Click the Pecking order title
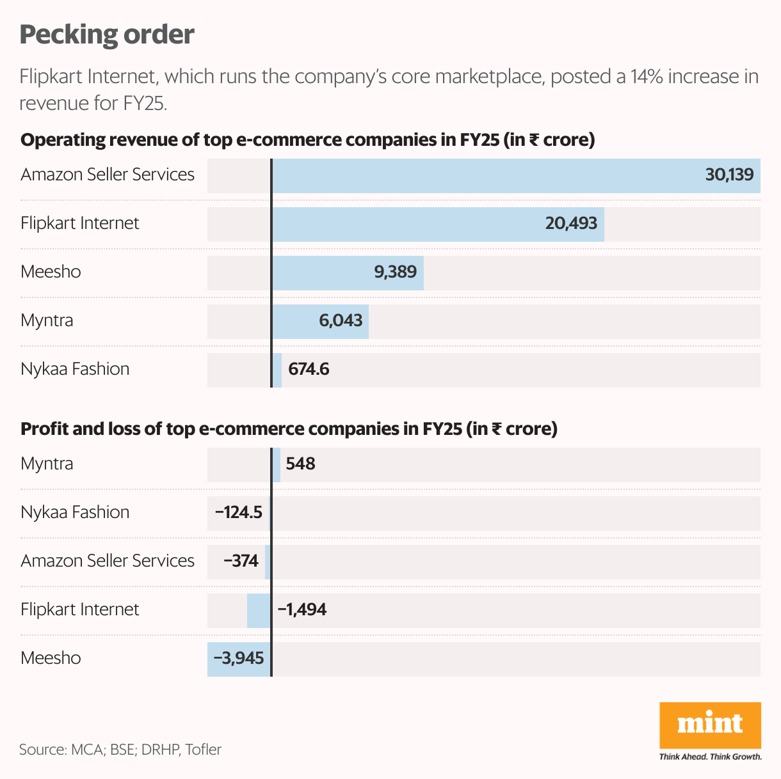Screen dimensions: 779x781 [x=107, y=35]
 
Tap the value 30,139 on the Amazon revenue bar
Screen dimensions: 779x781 [x=729, y=175]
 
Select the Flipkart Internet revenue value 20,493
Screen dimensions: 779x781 [x=571, y=223]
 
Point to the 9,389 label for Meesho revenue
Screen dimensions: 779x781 [x=395, y=272]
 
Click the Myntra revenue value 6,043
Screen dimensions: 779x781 [x=341, y=320]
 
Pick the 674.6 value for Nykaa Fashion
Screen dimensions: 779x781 [x=309, y=369]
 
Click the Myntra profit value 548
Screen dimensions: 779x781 [x=300, y=464]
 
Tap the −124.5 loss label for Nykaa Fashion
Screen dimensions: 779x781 [x=238, y=512]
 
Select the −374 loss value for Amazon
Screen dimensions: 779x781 [x=241, y=561]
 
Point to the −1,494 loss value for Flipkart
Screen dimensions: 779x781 [x=302, y=610]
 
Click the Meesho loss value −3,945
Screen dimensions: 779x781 [x=238, y=658]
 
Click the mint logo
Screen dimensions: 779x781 [x=710, y=725]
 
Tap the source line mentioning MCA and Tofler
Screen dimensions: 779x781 [x=120, y=750]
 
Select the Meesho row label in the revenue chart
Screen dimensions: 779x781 [x=51, y=272]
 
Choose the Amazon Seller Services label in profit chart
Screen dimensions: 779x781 [x=108, y=561]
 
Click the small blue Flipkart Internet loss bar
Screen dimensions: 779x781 [x=259, y=610]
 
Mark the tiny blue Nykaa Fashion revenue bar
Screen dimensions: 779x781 [x=277, y=370]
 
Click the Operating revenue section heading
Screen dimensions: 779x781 [x=307, y=140]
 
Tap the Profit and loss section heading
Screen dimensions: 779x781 [x=289, y=429]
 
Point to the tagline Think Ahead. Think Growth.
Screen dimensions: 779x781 [x=710, y=757]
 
